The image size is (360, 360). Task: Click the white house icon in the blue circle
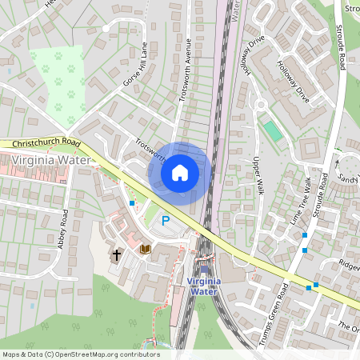[180, 172]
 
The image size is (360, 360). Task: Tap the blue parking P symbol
[166, 221]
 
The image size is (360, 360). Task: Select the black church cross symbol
[117, 255]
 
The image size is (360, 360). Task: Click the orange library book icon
[145, 250]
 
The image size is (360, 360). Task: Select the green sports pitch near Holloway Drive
[274, 131]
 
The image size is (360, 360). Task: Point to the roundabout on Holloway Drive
[260, 103]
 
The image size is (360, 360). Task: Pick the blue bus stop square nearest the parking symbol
[132, 204]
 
